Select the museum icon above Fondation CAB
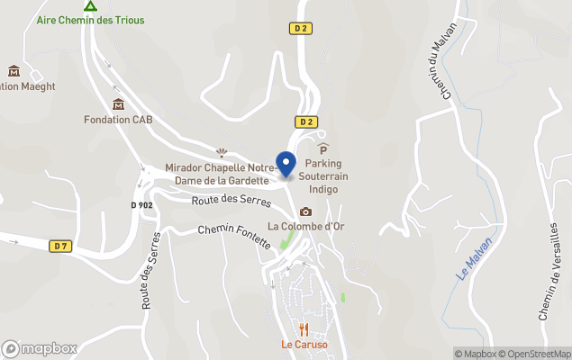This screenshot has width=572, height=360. click(x=118, y=103)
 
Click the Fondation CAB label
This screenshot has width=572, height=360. click(x=118, y=120)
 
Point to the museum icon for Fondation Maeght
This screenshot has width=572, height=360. click(x=14, y=71)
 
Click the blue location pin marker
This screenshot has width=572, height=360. click(x=286, y=165)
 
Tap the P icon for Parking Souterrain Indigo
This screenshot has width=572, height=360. click(x=323, y=148)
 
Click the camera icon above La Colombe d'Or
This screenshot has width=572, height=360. click(x=305, y=211)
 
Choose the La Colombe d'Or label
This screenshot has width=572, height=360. click(x=305, y=226)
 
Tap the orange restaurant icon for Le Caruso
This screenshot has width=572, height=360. click(x=304, y=329)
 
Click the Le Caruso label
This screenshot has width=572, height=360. click(x=304, y=345)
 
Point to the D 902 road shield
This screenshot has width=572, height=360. click(x=141, y=205)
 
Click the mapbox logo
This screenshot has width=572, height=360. click(x=40, y=348)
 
